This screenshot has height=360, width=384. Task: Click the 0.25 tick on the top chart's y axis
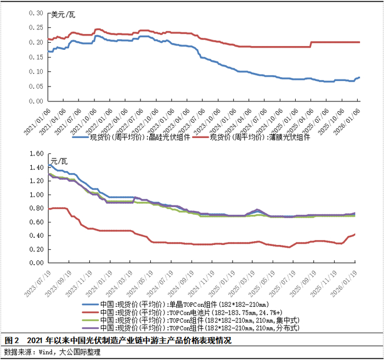[x=36, y=27]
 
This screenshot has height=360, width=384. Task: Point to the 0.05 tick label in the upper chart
[x=36, y=87]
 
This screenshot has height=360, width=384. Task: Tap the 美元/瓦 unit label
[x=63, y=15]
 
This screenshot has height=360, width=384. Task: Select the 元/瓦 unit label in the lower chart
[x=59, y=162]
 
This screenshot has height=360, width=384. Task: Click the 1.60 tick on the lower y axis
[x=37, y=153]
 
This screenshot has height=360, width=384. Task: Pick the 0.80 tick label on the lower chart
[x=37, y=208]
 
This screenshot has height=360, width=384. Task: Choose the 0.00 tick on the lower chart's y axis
[x=37, y=263]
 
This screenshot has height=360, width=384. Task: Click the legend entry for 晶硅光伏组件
[x=131, y=137]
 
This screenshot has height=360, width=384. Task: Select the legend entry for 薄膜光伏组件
[x=251, y=137]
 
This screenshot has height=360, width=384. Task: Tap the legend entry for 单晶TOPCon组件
[x=176, y=305]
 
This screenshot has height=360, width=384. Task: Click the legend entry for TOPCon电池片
[x=182, y=312]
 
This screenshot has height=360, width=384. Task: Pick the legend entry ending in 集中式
[x=191, y=320]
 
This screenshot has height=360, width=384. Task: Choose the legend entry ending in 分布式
[x=191, y=328]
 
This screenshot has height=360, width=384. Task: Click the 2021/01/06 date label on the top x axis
[x=37, y=122]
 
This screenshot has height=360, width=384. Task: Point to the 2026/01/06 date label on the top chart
[x=347, y=122]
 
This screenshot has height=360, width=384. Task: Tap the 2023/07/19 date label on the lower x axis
[x=38, y=284]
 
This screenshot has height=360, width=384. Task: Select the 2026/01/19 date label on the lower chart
[x=344, y=284]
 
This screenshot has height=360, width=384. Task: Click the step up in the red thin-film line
[x=311, y=44]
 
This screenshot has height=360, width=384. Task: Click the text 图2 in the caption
[x=12, y=340]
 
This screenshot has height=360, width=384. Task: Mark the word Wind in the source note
[x=46, y=352]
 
